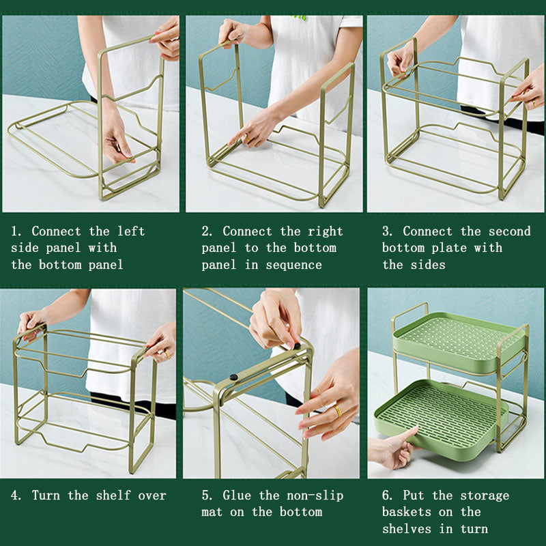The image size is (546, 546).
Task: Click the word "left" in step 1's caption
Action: click(x=130, y=231)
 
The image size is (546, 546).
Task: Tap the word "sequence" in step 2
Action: click(x=293, y=265)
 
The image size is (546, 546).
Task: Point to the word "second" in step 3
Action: click(x=509, y=231)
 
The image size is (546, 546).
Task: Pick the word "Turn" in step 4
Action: click(x=46, y=495)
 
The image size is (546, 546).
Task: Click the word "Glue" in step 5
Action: click(x=237, y=495)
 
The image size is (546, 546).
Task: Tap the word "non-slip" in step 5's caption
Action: click(x=315, y=495)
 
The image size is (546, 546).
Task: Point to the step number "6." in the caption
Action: click(x=387, y=495)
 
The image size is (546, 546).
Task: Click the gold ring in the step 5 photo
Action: click(x=337, y=411)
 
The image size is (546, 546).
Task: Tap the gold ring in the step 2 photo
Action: click(x=248, y=139)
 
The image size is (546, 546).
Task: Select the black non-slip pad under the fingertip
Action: click(x=297, y=346)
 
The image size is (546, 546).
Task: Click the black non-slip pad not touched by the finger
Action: click(x=233, y=377)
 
